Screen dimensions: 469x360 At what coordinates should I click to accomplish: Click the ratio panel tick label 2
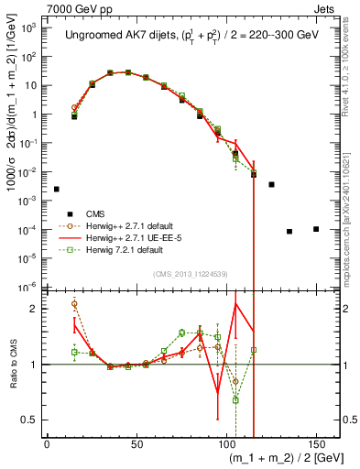click(38, 309)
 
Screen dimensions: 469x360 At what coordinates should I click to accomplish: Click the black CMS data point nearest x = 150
click(316, 229)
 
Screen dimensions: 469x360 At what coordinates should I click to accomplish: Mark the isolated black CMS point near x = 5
click(56, 189)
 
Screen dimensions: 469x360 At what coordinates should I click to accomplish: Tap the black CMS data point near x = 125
click(271, 185)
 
